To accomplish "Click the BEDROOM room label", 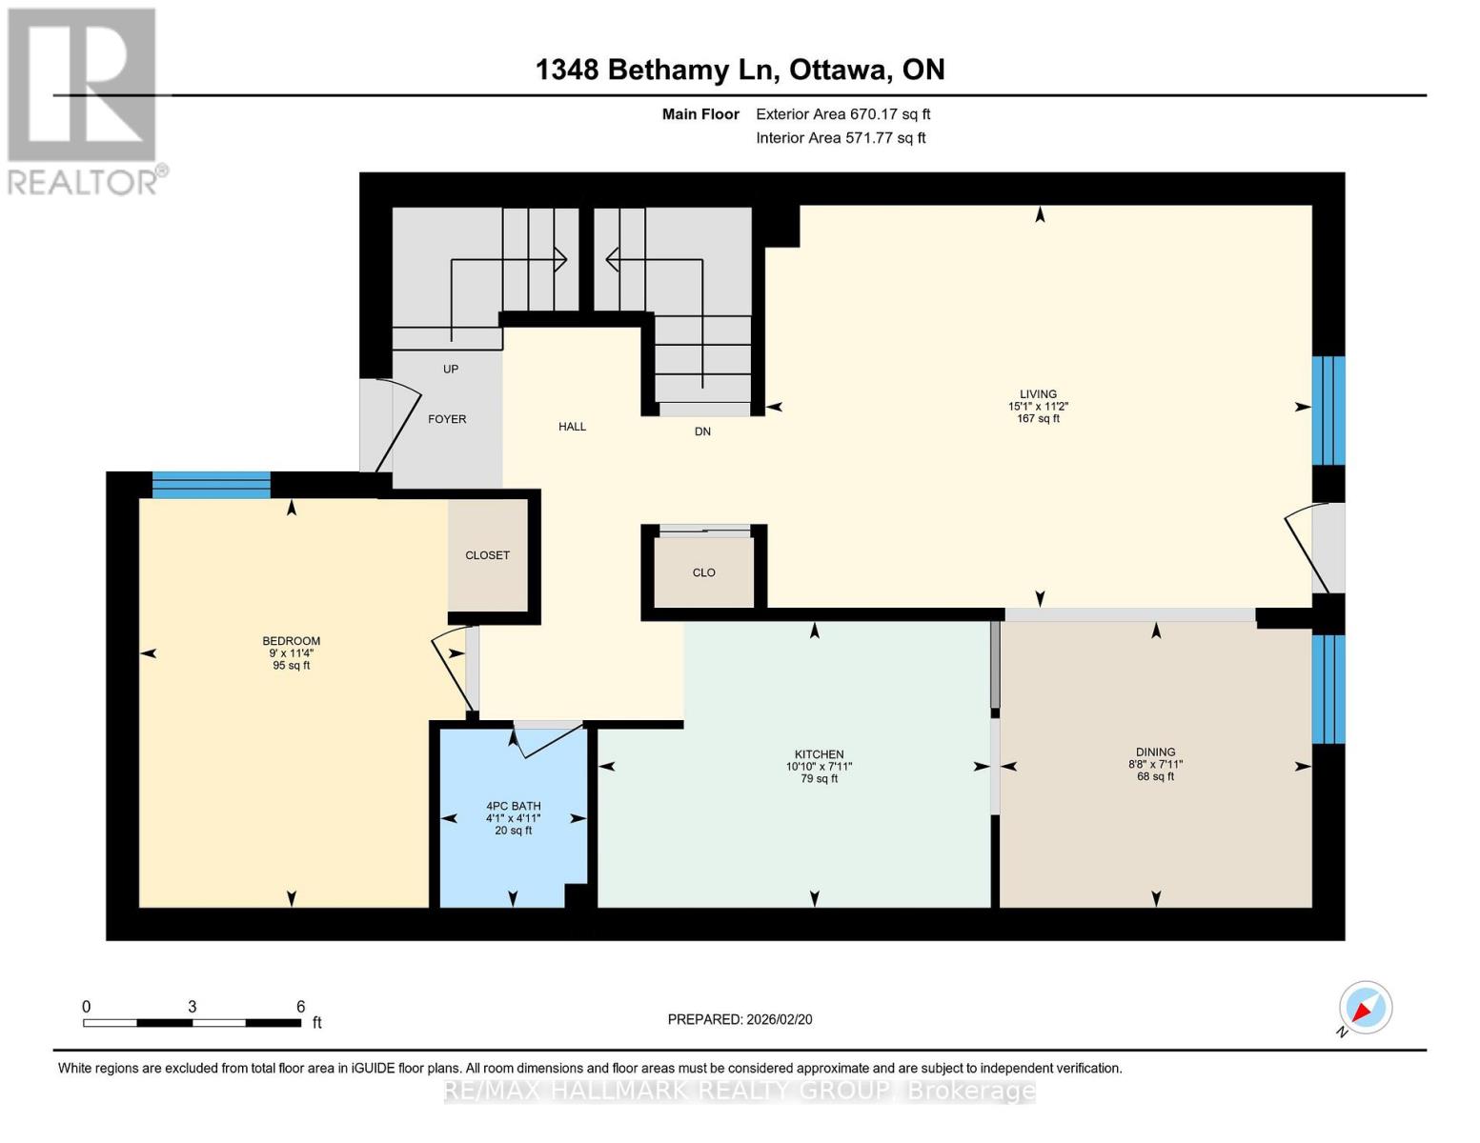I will click(x=291, y=641).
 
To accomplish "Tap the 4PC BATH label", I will click(x=513, y=806).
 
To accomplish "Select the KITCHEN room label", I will click(x=819, y=754).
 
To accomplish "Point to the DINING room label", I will click(x=1155, y=752).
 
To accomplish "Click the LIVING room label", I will click(x=1038, y=393).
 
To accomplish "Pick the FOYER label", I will click(x=447, y=419).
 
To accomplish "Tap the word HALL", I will click(x=572, y=427).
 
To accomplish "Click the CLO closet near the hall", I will click(x=703, y=572).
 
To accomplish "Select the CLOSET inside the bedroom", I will click(x=487, y=555).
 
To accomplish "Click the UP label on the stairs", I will click(x=451, y=369).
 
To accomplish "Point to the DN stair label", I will click(x=702, y=431).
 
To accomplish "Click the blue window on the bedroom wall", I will click(x=211, y=485).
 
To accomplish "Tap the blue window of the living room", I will click(x=1328, y=411).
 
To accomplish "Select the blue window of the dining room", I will click(x=1328, y=689).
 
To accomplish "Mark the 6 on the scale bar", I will click(x=300, y=1007).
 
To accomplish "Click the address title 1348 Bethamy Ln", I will click(x=740, y=70).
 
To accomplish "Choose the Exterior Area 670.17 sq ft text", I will click(x=842, y=114).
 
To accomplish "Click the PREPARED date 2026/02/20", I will click(x=740, y=1019).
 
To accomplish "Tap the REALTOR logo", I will click(x=82, y=100).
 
